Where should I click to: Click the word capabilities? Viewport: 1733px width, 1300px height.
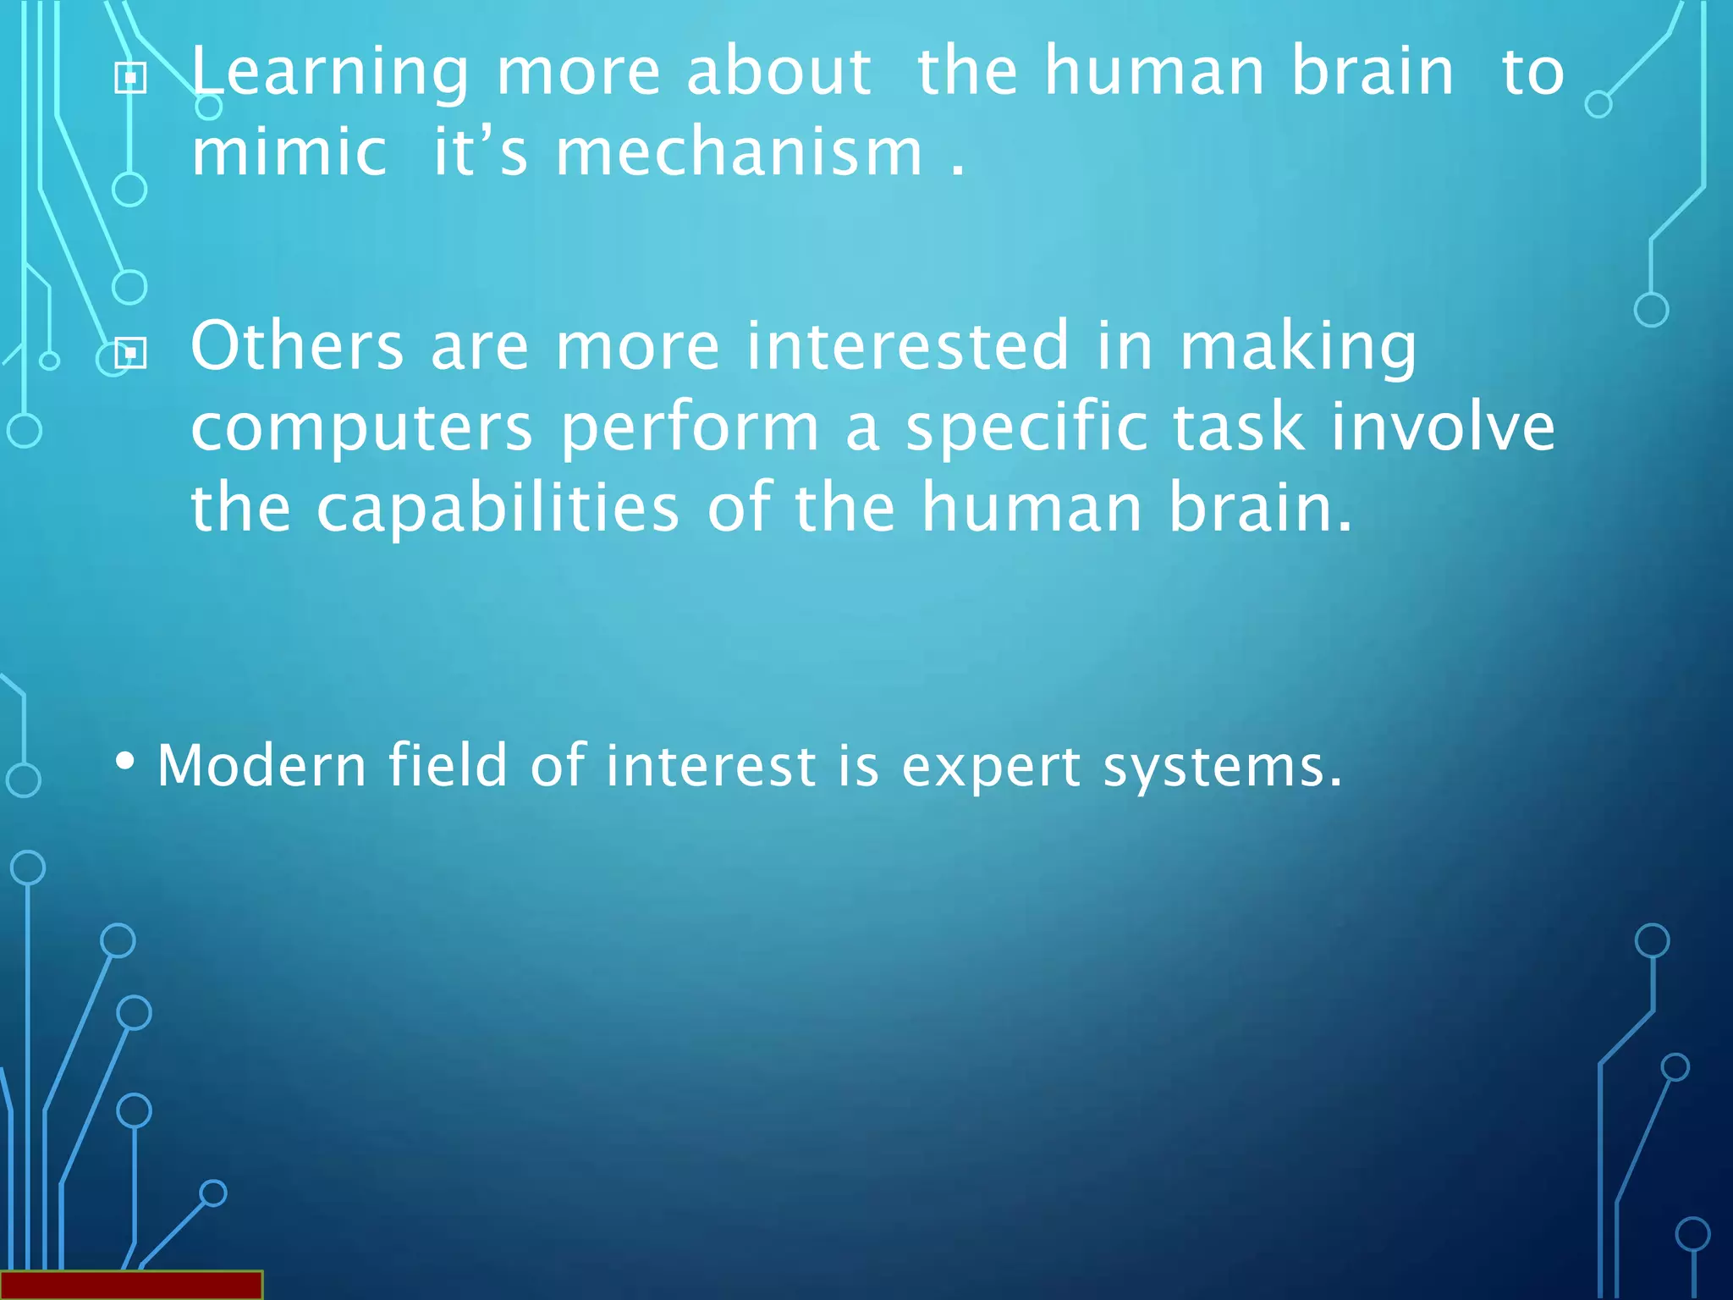[498, 508]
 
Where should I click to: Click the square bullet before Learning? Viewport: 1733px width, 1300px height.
[130, 79]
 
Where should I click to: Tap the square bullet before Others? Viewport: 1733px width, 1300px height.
[130, 353]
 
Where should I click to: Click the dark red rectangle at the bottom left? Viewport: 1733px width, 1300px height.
[131, 1285]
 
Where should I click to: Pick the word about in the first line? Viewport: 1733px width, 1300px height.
[778, 71]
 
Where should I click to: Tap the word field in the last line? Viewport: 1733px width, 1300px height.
[447, 765]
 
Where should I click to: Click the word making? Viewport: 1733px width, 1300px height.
[1298, 347]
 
